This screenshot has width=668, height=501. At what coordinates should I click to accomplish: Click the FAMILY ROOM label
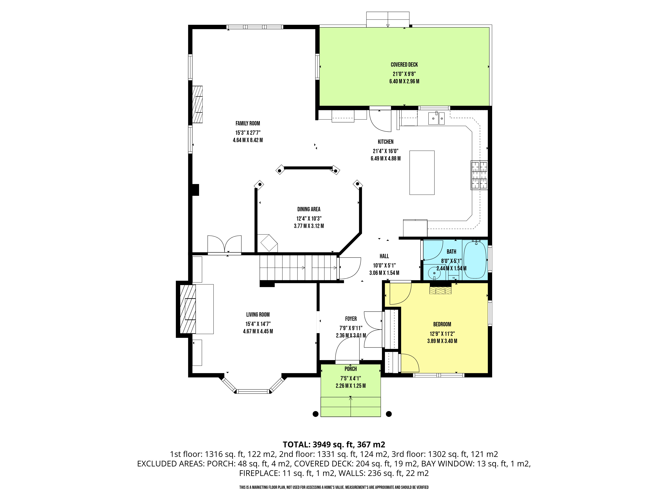[248, 123]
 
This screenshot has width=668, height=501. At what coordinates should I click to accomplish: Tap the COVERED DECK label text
[404, 65]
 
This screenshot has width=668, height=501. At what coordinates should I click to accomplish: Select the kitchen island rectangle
[422, 173]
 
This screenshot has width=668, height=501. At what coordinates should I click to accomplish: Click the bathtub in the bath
[475, 259]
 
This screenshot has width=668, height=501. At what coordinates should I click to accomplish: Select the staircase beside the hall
[298, 268]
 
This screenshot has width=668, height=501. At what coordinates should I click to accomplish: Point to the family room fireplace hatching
[198, 104]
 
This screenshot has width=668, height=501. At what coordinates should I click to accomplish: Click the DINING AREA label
[309, 209]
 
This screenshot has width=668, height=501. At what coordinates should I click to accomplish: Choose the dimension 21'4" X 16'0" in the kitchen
[386, 151]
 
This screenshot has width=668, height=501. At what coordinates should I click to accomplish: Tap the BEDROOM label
[442, 324]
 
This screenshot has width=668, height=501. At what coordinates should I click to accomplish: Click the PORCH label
[351, 369]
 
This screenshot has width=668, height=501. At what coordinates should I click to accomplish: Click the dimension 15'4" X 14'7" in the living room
[258, 324]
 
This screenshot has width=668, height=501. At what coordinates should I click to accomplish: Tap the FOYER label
[351, 319]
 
